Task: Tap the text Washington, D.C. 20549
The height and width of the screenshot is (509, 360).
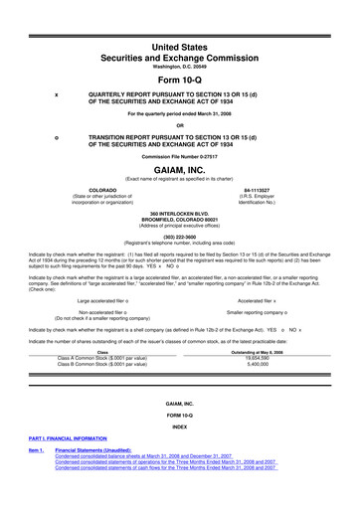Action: [x=179, y=41]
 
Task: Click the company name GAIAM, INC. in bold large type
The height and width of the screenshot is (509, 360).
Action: [x=179, y=169]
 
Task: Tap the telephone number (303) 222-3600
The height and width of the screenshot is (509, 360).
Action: [x=179, y=238]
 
